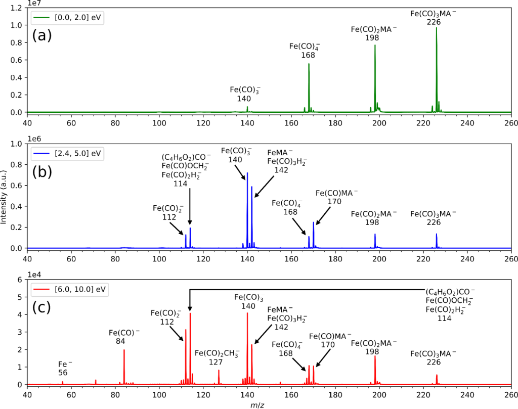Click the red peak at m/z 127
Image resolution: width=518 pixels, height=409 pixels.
[219, 377]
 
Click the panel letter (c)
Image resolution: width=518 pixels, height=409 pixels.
[42, 307]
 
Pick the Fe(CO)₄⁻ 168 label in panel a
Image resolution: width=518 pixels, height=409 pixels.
[305, 50]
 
